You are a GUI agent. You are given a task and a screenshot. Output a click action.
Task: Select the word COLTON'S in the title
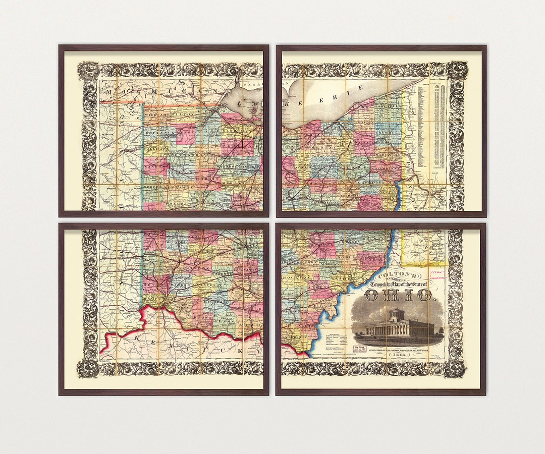tap(398, 276)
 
